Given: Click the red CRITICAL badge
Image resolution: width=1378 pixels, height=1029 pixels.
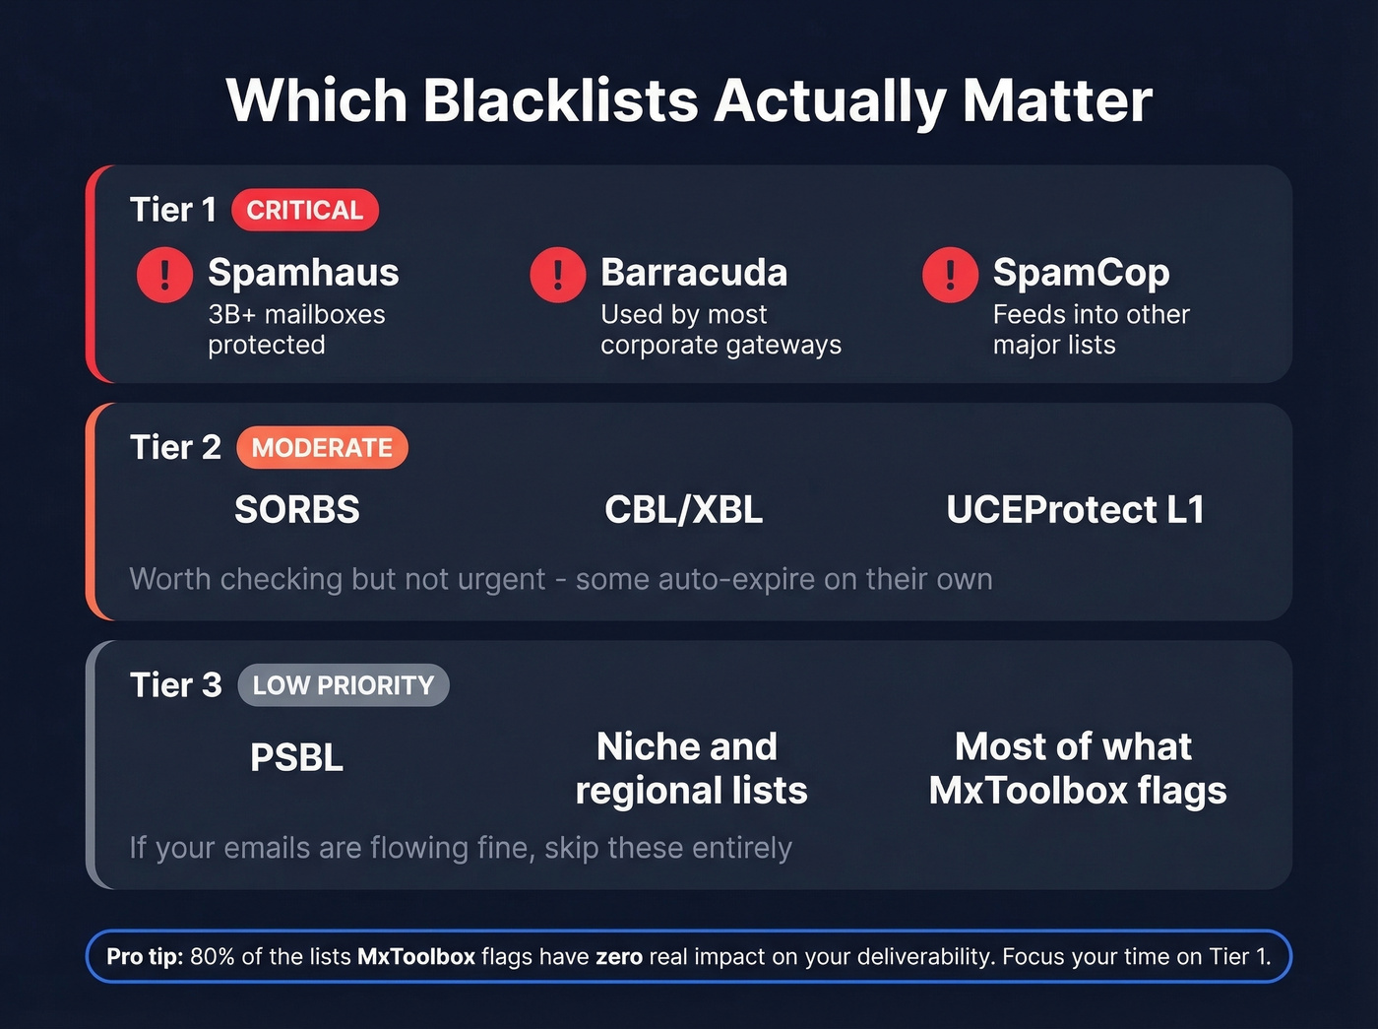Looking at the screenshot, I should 304,210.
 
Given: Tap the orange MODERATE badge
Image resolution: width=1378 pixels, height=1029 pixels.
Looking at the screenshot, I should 322,447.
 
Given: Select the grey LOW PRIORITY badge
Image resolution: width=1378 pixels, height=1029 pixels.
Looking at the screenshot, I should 343,685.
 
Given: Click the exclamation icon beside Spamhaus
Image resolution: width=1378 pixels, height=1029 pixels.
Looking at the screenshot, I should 164,274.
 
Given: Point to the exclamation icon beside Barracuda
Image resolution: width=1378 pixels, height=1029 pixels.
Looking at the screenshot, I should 557,274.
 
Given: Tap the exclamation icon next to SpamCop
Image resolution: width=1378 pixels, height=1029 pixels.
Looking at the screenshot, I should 950,274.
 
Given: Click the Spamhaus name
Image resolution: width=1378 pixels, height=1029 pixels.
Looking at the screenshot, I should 303,273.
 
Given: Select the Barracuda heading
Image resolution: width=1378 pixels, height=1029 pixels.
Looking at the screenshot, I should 694,273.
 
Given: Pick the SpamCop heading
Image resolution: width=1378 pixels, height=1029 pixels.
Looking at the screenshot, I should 1081,273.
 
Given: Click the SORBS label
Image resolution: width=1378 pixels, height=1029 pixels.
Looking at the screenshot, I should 297,510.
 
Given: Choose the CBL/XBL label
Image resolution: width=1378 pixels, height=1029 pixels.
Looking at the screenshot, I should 683,510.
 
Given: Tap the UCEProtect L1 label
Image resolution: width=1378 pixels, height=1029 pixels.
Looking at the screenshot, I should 1075,510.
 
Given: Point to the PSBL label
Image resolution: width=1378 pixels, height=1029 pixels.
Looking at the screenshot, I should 296,757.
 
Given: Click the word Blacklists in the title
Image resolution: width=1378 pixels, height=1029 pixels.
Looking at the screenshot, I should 560,100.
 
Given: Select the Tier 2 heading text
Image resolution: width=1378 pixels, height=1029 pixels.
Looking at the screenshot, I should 175,447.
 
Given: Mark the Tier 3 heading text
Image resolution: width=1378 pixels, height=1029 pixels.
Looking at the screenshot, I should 175,685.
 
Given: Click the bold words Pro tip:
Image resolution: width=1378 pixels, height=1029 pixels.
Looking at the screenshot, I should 145,956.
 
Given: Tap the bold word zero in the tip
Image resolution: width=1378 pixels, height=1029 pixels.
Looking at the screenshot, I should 618,956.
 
